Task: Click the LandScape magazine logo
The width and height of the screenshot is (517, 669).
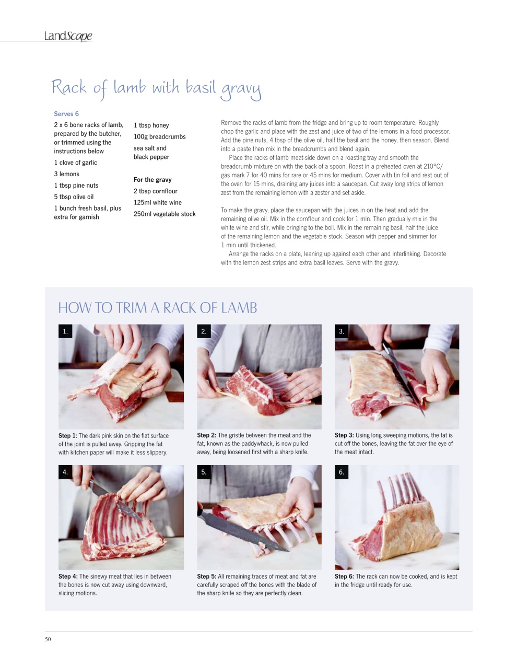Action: pyautogui.click(x=68, y=36)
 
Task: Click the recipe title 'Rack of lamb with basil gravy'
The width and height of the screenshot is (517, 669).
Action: pyautogui.click(x=156, y=89)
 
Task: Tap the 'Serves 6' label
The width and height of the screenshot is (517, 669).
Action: pyautogui.click(x=66, y=114)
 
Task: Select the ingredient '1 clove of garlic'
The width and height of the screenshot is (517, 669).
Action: pyautogui.click(x=75, y=163)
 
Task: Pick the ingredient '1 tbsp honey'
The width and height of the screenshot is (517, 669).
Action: pyautogui.click(x=151, y=125)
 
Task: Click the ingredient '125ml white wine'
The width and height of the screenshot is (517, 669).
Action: pyautogui.click(x=158, y=203)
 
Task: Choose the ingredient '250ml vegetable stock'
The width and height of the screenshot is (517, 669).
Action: pyautogui.click(x=164, y=214)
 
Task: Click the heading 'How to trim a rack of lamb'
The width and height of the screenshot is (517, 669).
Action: pyautogui.click(x=158, y=308)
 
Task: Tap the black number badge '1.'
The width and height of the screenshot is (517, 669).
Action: pyautogui.click(x=65, y=331)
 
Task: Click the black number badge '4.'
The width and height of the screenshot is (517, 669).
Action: pyautogui.click(x=65, y=472)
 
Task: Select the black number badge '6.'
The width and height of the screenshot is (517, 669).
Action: pyautogui.click(x=342, y=472)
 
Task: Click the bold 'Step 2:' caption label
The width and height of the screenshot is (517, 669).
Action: pyautogui.click(x=206, y=435)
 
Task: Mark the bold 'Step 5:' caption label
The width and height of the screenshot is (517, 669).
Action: pyautogui.click(x=206, y=576)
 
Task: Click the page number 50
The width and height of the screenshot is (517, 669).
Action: pyautogui.click(x=48, y=639)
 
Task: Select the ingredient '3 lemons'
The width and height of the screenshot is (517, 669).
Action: pyautogui.click(x=66, y=174)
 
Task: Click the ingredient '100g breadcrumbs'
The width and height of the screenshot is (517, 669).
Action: pyautogui.click(x=160, y=137)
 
